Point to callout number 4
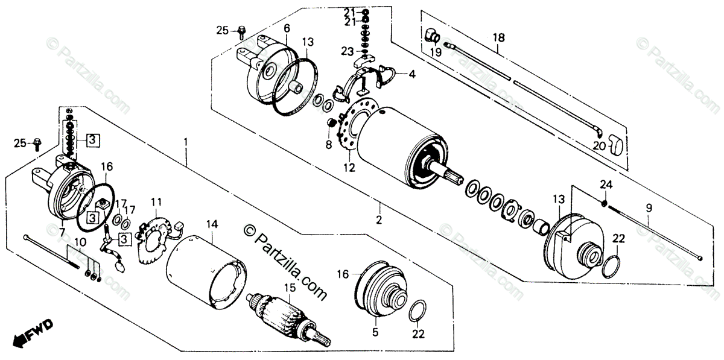[x=411, y=75]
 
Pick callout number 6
[x=287, y=28]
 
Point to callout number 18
[x=498, y=37]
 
